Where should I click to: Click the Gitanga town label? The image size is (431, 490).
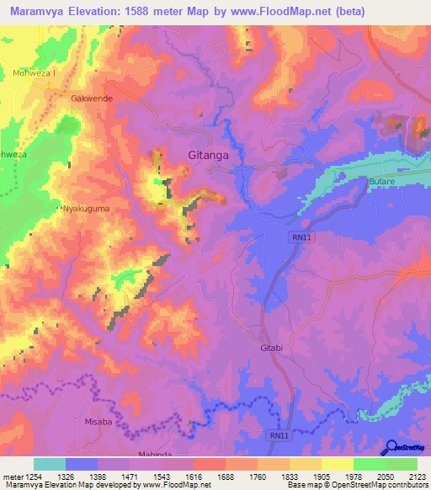pos(206,156)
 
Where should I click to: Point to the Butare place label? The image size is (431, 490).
pos(382,181)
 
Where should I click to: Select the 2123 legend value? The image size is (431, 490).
pos(416,477)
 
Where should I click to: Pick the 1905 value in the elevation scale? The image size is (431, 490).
pos(320,477)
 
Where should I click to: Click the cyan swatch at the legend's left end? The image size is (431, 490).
pos(50,464)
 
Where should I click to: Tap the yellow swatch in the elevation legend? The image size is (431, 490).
pos(337,464)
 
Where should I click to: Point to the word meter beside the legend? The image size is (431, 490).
pos(13,477)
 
